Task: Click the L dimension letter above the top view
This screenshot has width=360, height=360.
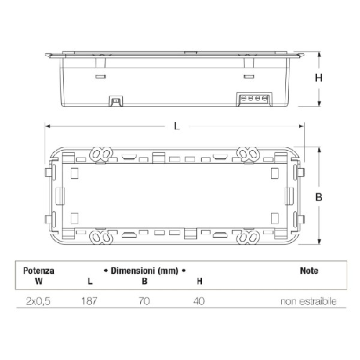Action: click(x=177, y=126)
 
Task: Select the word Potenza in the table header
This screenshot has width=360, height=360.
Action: click(x=37, y=271)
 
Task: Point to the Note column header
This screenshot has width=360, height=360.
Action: click(x=309, y=271)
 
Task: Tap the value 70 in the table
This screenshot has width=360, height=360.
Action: click(x=144, y=301)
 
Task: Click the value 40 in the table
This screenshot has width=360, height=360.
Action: click(x=199, y=301)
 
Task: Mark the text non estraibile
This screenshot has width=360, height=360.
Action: click(x=308, y=301)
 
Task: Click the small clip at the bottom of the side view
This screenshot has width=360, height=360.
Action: click(x=114, y=102)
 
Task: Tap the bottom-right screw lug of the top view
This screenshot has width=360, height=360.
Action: click(x=251, y=236)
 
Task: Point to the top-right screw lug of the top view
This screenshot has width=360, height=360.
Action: click(x=251, y=153)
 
